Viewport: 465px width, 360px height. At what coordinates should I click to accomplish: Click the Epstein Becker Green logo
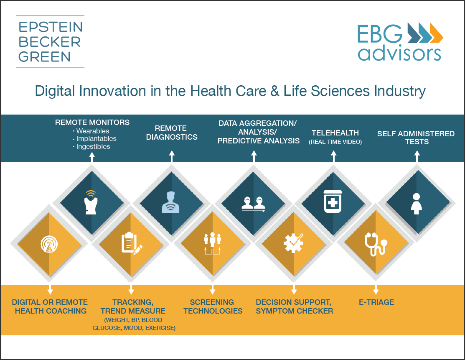pyautogui.click(x=50, y=41)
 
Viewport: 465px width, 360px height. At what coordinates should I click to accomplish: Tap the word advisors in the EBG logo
pyautogui.click(x=399, y=54)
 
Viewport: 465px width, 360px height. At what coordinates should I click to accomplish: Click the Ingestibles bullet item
pyautogui.click(x=91, y=147)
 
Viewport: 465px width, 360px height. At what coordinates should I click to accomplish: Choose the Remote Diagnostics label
pyautogui.click(x=172, y=133)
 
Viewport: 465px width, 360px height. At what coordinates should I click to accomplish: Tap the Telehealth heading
pyautogui.click(x=335, y=133)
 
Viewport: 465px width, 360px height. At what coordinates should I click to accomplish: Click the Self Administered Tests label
pyautogui.click(x=416, y=138)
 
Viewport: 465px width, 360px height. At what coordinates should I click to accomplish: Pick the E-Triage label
pyautogui.click(x=376, y=302)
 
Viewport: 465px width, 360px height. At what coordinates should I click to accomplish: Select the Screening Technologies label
pyautogui.click(x=213, y=306)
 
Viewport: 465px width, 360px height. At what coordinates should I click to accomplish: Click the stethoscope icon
pyautogui.click(x=376, y=244)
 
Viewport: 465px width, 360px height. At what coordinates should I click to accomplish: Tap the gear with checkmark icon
pyautogui.click(x=293, y=243)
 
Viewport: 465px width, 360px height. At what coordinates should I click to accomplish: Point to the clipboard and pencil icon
pyautogui.click(x=132, y=243)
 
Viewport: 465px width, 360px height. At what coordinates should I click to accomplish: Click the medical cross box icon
pyautogui.click(x=333, y=202)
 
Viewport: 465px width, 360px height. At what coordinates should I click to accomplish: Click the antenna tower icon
pyautogui.click(x=49, y=244)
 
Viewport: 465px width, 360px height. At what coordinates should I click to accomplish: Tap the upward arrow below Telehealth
pyautogui.click(x=334, y=156)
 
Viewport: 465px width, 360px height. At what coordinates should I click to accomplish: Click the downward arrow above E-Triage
pyautogui.click(x=376, y=289)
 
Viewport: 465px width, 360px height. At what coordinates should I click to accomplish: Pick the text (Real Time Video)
pyautogui.click(x=335, y=142)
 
